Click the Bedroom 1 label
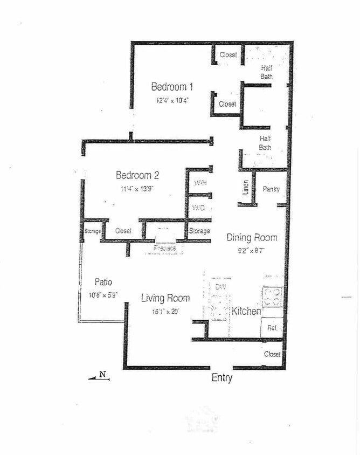172,87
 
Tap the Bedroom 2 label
137,175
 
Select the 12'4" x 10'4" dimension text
172,100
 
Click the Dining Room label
252,238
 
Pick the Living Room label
165,298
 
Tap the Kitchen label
246,312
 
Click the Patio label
103,282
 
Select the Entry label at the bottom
221,378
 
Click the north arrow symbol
100,377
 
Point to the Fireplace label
164,249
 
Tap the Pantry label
271,189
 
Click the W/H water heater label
200,183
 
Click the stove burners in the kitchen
273,296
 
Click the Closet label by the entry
272,354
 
